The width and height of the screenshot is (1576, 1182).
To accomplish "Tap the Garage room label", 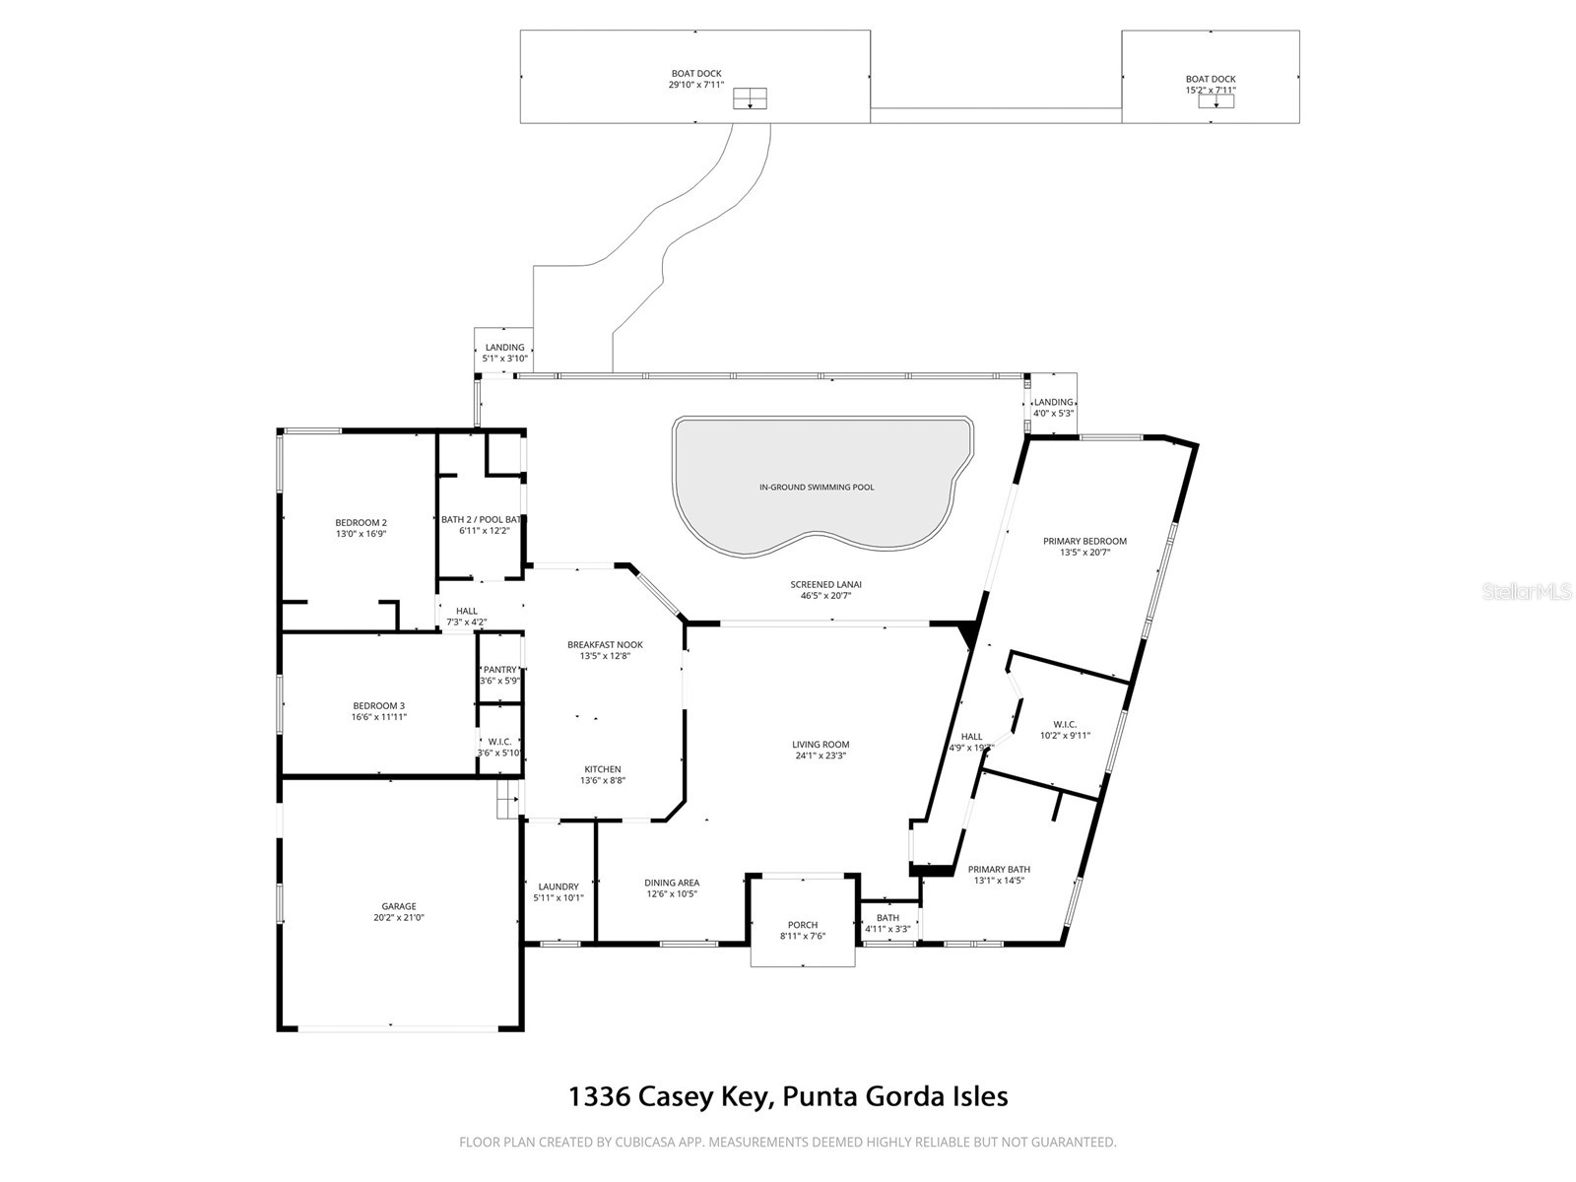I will [399, 906].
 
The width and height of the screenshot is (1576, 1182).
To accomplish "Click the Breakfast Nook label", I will [605, 644].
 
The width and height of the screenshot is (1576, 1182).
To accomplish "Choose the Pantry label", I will [499, 670].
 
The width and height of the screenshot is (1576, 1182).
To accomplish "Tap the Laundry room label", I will [558, 886].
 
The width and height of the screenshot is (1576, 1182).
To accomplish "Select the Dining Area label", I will [672, 883].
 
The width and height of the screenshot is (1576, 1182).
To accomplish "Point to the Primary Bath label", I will [999, 869].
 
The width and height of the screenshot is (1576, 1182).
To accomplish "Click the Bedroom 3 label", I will [378, 705].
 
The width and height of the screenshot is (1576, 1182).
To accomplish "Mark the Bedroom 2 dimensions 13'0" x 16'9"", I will [361, 534].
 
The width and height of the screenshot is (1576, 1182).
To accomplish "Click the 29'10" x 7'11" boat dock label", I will [696, 85].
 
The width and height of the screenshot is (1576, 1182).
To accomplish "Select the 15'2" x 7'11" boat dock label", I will [1211, 91].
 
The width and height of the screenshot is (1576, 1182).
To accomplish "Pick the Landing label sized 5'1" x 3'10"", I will [504, 348].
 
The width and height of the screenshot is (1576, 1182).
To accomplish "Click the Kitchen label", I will [603, 769].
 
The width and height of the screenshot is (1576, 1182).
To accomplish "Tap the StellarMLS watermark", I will [1526, 591].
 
